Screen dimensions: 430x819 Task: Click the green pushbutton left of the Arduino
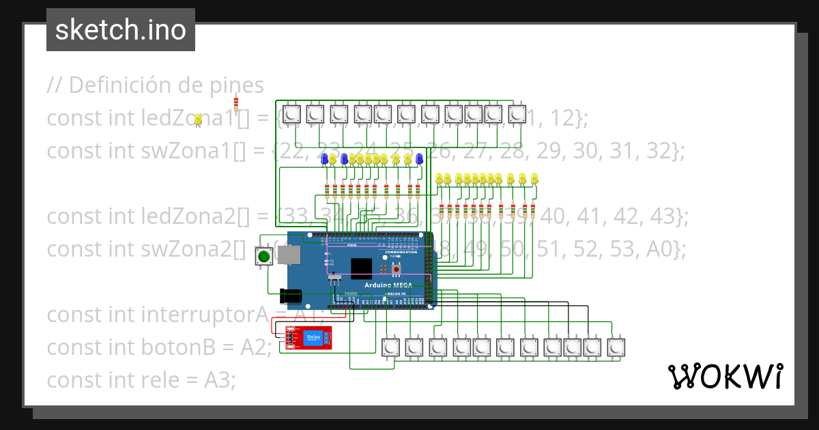click(263, 257)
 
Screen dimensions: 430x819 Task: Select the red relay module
click(308, 337)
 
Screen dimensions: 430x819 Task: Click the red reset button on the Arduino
click(396, 269)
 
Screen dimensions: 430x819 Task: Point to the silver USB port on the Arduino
click(289, 255)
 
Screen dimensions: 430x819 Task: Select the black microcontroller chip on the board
click(361, 268)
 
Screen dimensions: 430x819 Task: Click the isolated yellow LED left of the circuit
click(198, 119)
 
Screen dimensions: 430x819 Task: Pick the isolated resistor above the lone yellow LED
click(236, 103)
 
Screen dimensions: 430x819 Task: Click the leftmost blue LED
click(324, 158)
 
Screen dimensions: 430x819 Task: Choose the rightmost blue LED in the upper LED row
click(420, 158)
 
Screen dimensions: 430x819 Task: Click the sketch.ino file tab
click(121, 30)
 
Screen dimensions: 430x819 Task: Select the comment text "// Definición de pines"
click(155, 85)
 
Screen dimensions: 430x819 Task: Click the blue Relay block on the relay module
click(314, 336)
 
